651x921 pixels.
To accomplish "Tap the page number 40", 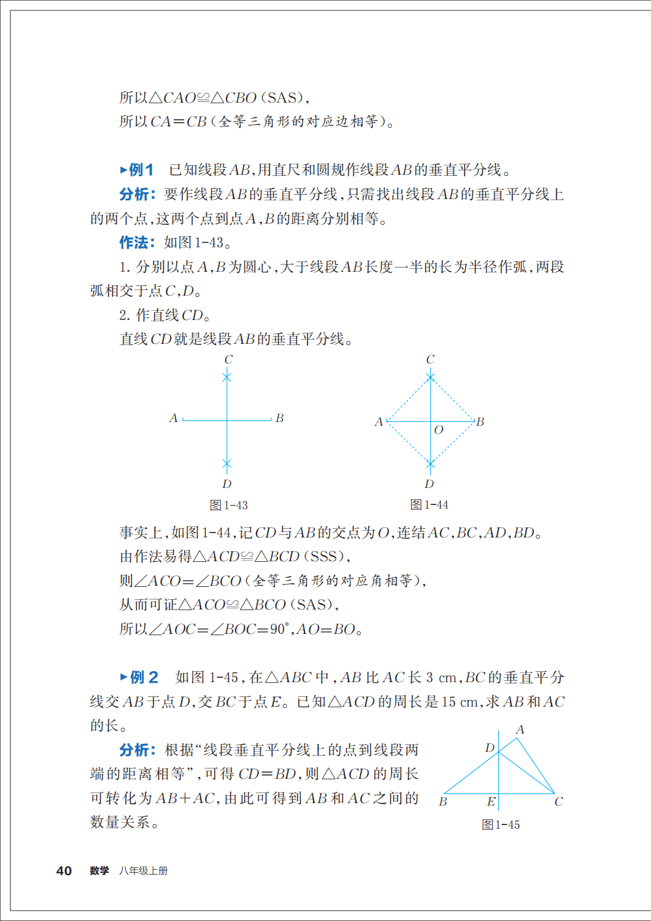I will click(64, 871).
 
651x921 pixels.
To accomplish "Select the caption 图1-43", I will click(229, 505).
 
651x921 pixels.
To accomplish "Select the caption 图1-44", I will click(429, 504).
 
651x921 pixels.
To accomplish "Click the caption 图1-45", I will click(501, 825).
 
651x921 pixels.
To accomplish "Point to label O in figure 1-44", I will click(438, 430).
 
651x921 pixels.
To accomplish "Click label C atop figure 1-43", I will click(228, 360).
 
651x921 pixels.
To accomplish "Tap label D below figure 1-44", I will click(429, 484).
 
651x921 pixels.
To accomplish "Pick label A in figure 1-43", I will click(174, 418).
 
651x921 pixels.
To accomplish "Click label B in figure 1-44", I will click(480, 421).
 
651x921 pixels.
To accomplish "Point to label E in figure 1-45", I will click(491, 801).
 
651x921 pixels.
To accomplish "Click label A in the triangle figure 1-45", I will click(520, 729).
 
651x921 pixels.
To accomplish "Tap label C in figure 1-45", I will click(558, 801).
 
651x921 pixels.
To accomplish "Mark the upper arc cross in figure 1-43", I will click(227, 377).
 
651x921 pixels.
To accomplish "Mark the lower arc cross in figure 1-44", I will click(430, 465).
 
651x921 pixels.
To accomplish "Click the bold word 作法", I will click(134, 242).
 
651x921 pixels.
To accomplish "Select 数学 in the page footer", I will click(99, 871).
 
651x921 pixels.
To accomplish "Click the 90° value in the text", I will click(279, 629).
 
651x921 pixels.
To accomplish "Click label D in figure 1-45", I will click(490, 748).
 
